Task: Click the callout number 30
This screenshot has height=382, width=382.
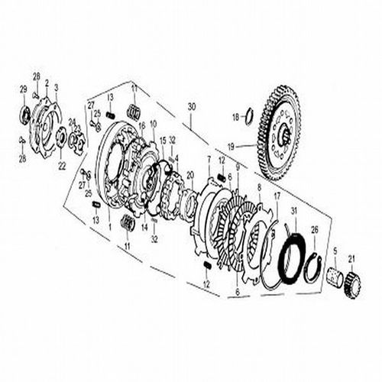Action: coord(191,105)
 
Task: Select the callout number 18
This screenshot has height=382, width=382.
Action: coord(235,116)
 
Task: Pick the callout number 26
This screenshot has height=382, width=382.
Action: coord(314,229)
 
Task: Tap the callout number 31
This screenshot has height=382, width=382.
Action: coord(293,211)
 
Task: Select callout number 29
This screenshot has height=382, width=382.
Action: coord(22,90)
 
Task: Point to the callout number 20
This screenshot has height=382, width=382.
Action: coord(190,175)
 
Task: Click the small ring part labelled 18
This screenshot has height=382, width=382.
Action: coord(248,116)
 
